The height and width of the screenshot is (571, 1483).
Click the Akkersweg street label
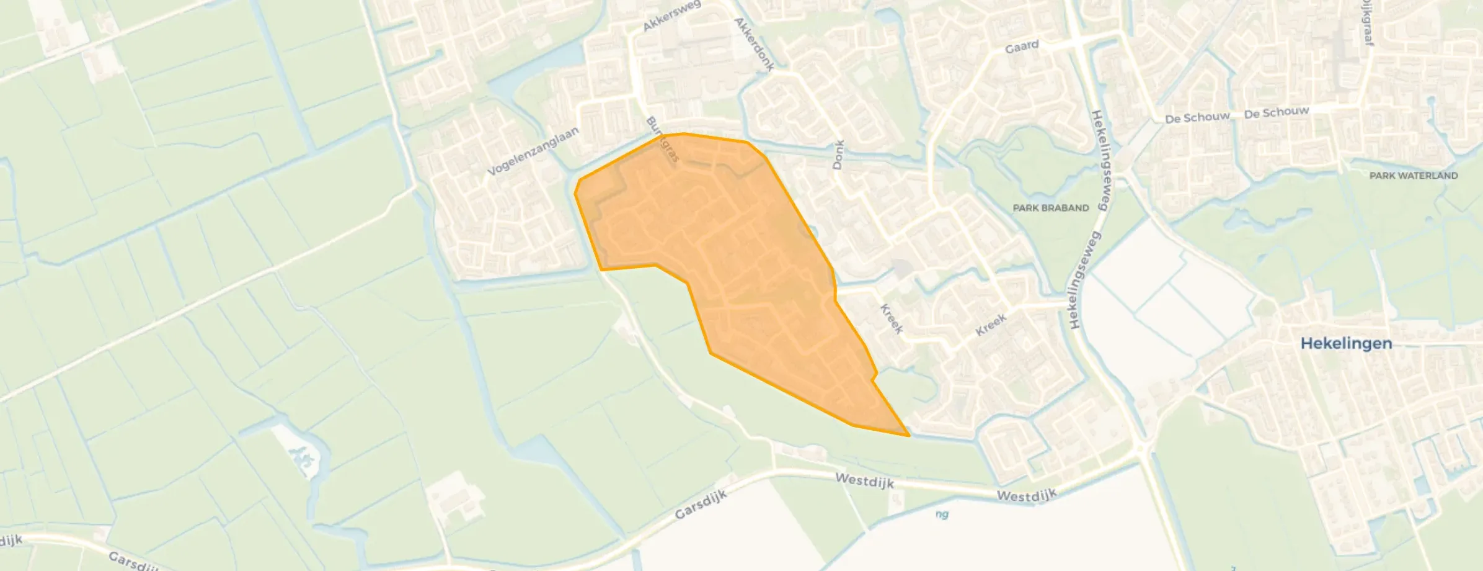click(x=671, y=16)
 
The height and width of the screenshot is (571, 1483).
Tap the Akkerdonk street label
click(x=753, y=44)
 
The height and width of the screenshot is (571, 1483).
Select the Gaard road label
click(x=1022, y=47)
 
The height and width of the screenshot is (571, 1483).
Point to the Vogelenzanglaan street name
click(x=533, y=151)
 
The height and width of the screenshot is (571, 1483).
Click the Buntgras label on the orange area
click(x=663, y=140)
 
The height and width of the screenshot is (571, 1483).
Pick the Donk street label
click(x=838, y=155)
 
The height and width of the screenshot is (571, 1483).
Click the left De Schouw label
click(x=1197, y=118)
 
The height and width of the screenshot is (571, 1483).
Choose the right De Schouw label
click(x=1277, y=113)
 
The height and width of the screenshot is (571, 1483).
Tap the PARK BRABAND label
click(x=1050, y=208)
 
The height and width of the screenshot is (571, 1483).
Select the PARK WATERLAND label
click(x=1414, y=176)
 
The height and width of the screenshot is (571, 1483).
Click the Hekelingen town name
click(x=1346, y=343)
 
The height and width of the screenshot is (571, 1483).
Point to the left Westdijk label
click(x=864, y=480)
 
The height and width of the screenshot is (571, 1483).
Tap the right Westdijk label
click(x=1026, y=495)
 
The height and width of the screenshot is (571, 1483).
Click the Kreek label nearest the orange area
click(x=891, y=319)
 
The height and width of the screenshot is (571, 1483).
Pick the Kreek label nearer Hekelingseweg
click(x=990, y=325)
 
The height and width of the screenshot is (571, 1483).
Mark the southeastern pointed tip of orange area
click(x=909, y=436)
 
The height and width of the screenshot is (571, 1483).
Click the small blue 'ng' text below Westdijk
click(x=942, y=514)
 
